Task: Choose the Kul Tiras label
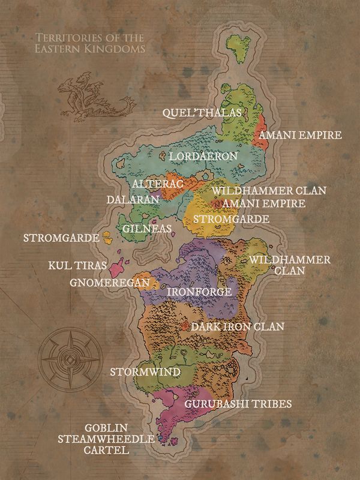pos(77,265)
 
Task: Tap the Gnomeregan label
pos(109,282)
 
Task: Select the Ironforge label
pos(199,292)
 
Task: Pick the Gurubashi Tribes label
pos(238,404)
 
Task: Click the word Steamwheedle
pos(106,439)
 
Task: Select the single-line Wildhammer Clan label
pos(268,191)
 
